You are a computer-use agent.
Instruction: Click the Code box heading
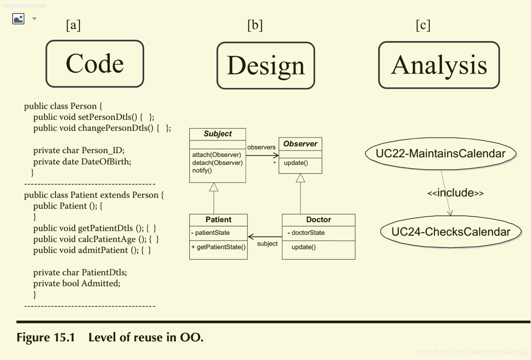[95, 64]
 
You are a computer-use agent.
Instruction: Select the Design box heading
[265, 66]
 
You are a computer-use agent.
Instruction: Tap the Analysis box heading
[439, 65]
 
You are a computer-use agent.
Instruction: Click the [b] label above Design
[255, 25]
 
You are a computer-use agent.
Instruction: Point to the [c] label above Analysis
[423, 25]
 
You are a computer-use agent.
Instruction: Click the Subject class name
[218, 134]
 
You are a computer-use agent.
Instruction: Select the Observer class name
[300, 144]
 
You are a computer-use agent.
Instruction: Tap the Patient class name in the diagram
[218, 220]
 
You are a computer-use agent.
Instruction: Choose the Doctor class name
[318, 220]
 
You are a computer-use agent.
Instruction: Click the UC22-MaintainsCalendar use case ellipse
[440, 153]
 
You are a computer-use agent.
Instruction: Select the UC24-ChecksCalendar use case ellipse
[450, 231]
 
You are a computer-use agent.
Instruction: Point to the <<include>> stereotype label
[455, 193]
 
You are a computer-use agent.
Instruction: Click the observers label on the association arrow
[262, 147]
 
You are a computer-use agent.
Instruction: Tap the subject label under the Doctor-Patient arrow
[267, 244]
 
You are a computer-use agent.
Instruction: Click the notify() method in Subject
[202, 170]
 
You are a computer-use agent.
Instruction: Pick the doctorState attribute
[308, 233]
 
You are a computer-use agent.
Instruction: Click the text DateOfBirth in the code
[106, 162]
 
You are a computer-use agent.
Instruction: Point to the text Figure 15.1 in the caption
[46, 337]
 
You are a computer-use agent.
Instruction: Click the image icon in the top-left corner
[18, 19]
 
